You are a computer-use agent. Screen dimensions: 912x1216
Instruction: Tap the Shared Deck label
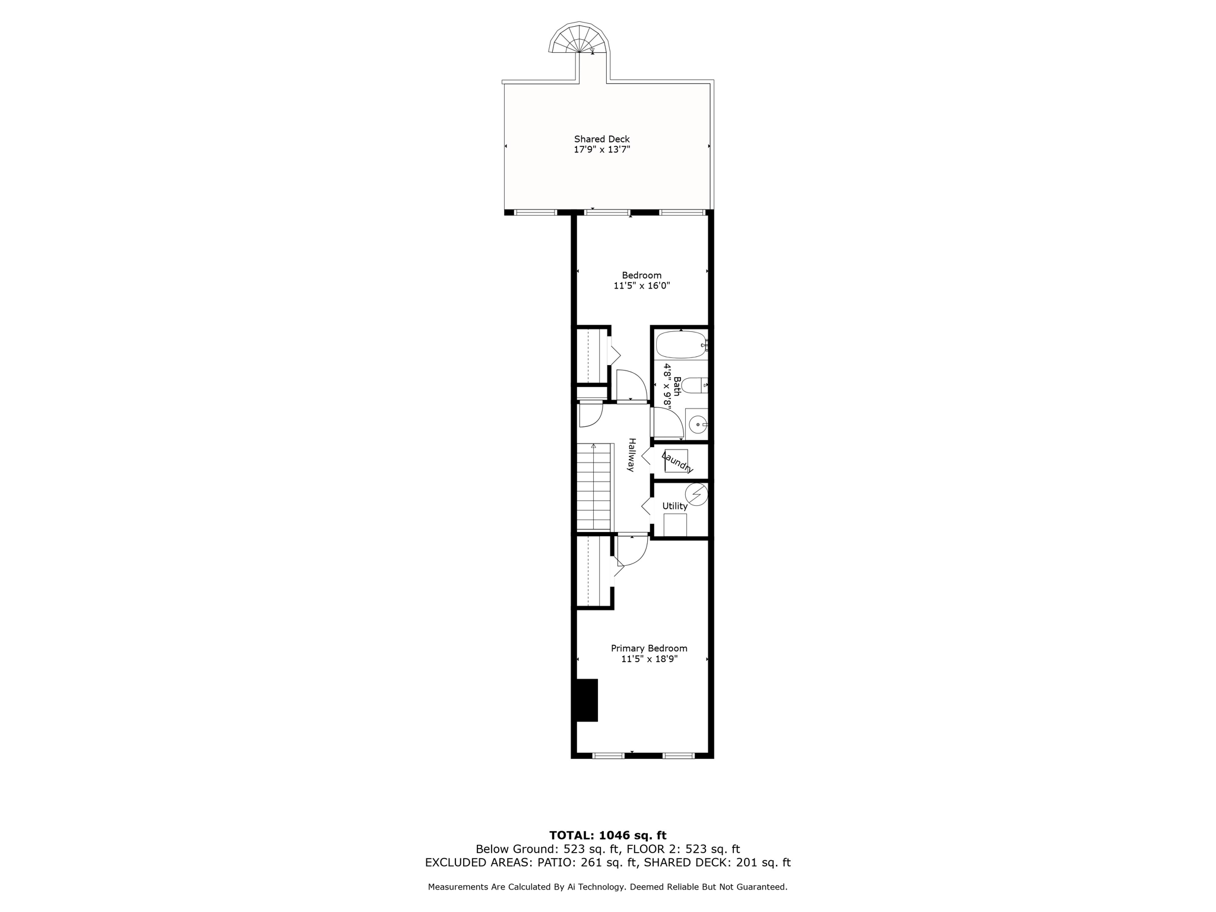601,139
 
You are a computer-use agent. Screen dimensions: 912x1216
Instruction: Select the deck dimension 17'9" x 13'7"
601,150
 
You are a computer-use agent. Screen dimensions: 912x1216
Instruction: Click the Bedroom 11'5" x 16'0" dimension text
641,286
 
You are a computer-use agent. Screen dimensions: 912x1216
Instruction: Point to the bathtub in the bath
680,344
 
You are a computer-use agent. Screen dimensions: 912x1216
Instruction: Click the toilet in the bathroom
693,385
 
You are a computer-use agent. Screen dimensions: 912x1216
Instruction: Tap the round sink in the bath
698,425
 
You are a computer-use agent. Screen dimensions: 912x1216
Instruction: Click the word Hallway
632,455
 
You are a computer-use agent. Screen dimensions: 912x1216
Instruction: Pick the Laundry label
677,463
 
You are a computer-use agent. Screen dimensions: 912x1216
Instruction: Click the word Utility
674,506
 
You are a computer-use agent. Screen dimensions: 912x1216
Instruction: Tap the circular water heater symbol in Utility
696,494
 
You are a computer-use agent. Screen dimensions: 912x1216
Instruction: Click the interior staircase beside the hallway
594,487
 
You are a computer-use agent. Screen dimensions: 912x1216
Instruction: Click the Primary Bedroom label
649,648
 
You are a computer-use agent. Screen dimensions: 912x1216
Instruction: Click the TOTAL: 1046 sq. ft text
607,835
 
